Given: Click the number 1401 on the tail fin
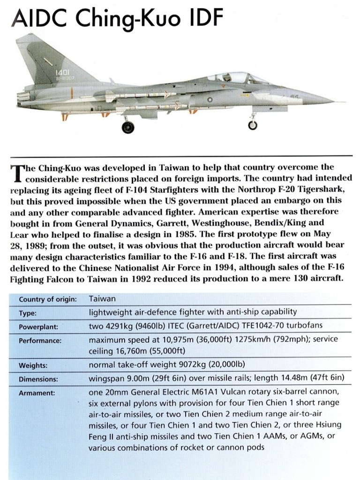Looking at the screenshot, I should click(x=62, y=73).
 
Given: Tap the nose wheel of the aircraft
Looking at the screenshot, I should click(x=253, y=125).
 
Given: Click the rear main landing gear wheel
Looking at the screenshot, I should click(x=127, y=127).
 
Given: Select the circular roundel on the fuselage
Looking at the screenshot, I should click(x=210, y=99).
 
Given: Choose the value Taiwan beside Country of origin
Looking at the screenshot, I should click(x=102, y=298).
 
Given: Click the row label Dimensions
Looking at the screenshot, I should click(x=38, y=379).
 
